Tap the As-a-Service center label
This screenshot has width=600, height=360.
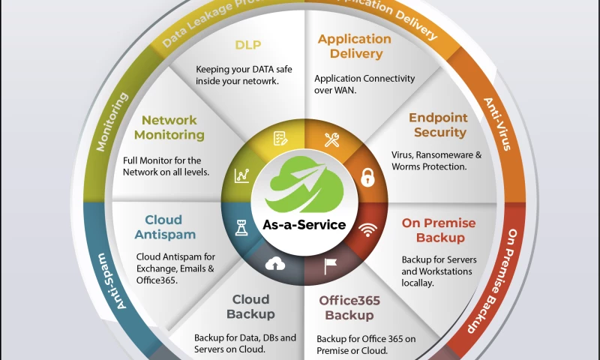click(x=304, y=224)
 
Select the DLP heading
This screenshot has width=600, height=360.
click(x=247, y=45)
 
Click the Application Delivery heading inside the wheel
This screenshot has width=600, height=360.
click(x=354, y=46)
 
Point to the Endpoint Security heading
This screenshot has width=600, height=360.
click(x=437, y=125)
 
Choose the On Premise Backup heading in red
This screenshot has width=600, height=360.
click(x=438, y=230)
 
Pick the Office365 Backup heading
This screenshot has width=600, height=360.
click(x=349, y=307)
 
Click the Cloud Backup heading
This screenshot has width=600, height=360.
click(x=250, y=307)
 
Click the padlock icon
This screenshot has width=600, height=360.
click(x=367, y=178)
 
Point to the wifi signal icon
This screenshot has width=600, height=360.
click(x=367, y=229)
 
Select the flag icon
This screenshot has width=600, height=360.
click(x=330, y=264)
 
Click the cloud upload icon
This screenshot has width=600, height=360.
click(x=276, y=264)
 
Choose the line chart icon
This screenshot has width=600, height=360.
click(x=242, y=175)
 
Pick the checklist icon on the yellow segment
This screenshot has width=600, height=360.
click(x=280, y=139)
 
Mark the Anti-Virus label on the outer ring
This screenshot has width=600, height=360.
click(x=497, y=124)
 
